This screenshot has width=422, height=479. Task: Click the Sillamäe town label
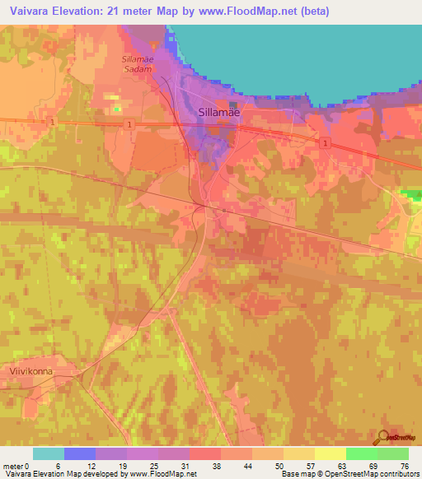click(218, 114)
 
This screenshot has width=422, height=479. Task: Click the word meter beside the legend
click(14, 466)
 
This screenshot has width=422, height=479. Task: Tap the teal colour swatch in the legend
click(49, 453)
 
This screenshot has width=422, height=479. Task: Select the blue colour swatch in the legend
click(80, 453)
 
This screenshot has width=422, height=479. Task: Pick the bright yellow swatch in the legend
click(331, 453)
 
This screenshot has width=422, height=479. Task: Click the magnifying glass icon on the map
click(382, 437)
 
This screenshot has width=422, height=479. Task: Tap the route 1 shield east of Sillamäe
click(326, 143)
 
